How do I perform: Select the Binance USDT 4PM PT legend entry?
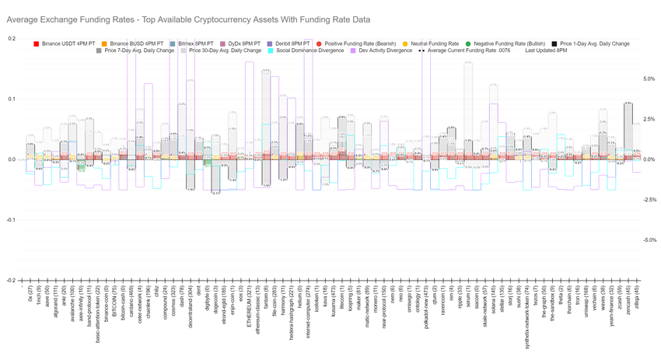coord(70,44)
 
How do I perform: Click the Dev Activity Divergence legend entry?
coord(384,51)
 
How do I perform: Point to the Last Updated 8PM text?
coord(551,51)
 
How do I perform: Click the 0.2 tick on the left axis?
coord(11,38)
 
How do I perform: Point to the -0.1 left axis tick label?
coord(10,220)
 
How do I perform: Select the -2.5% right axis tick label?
coord(648,200)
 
